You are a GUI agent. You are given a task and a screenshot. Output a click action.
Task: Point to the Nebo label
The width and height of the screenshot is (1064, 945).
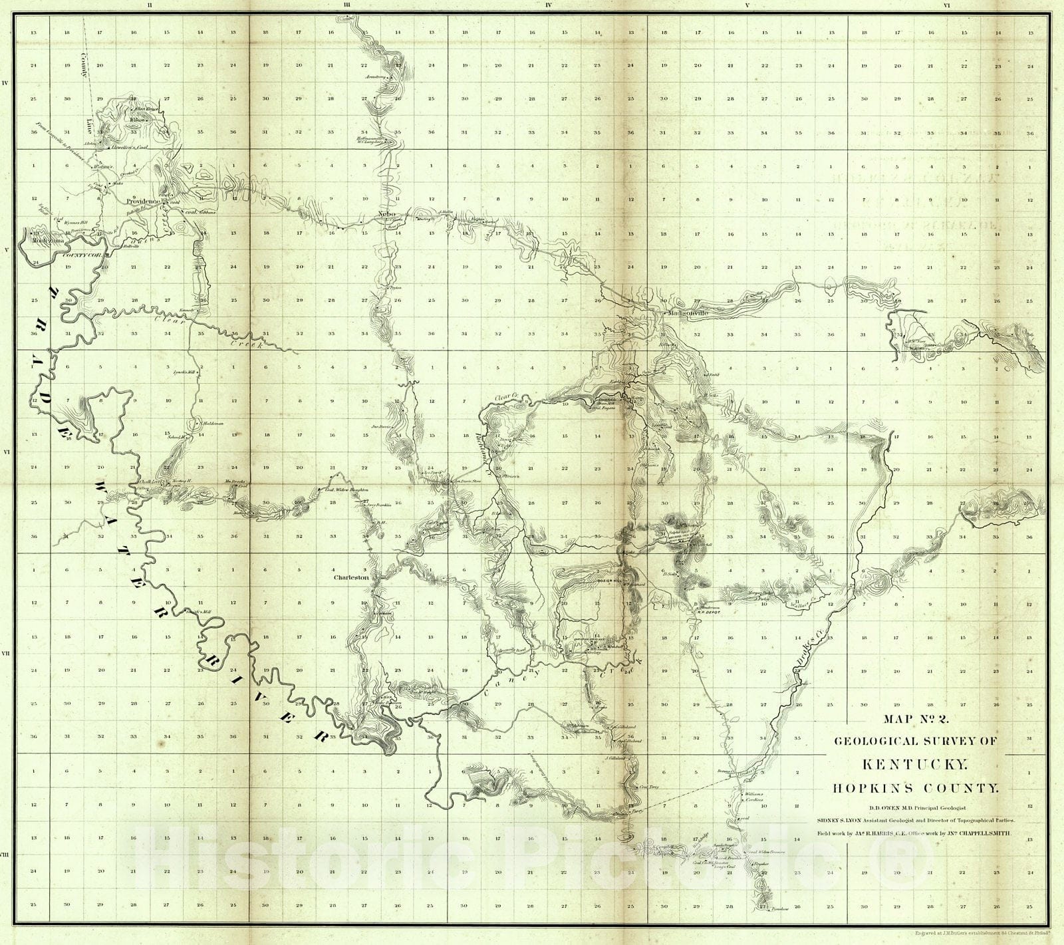[386, 213]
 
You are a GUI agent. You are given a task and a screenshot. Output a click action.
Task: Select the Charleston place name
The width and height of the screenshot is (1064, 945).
[352, 578]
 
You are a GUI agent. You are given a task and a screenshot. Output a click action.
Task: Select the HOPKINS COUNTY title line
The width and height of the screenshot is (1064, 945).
[916, 789]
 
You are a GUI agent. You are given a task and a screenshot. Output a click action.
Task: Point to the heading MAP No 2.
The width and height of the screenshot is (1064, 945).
[916, 718]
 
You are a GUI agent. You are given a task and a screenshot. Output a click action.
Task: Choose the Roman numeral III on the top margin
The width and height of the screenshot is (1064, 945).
[347, 5]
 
